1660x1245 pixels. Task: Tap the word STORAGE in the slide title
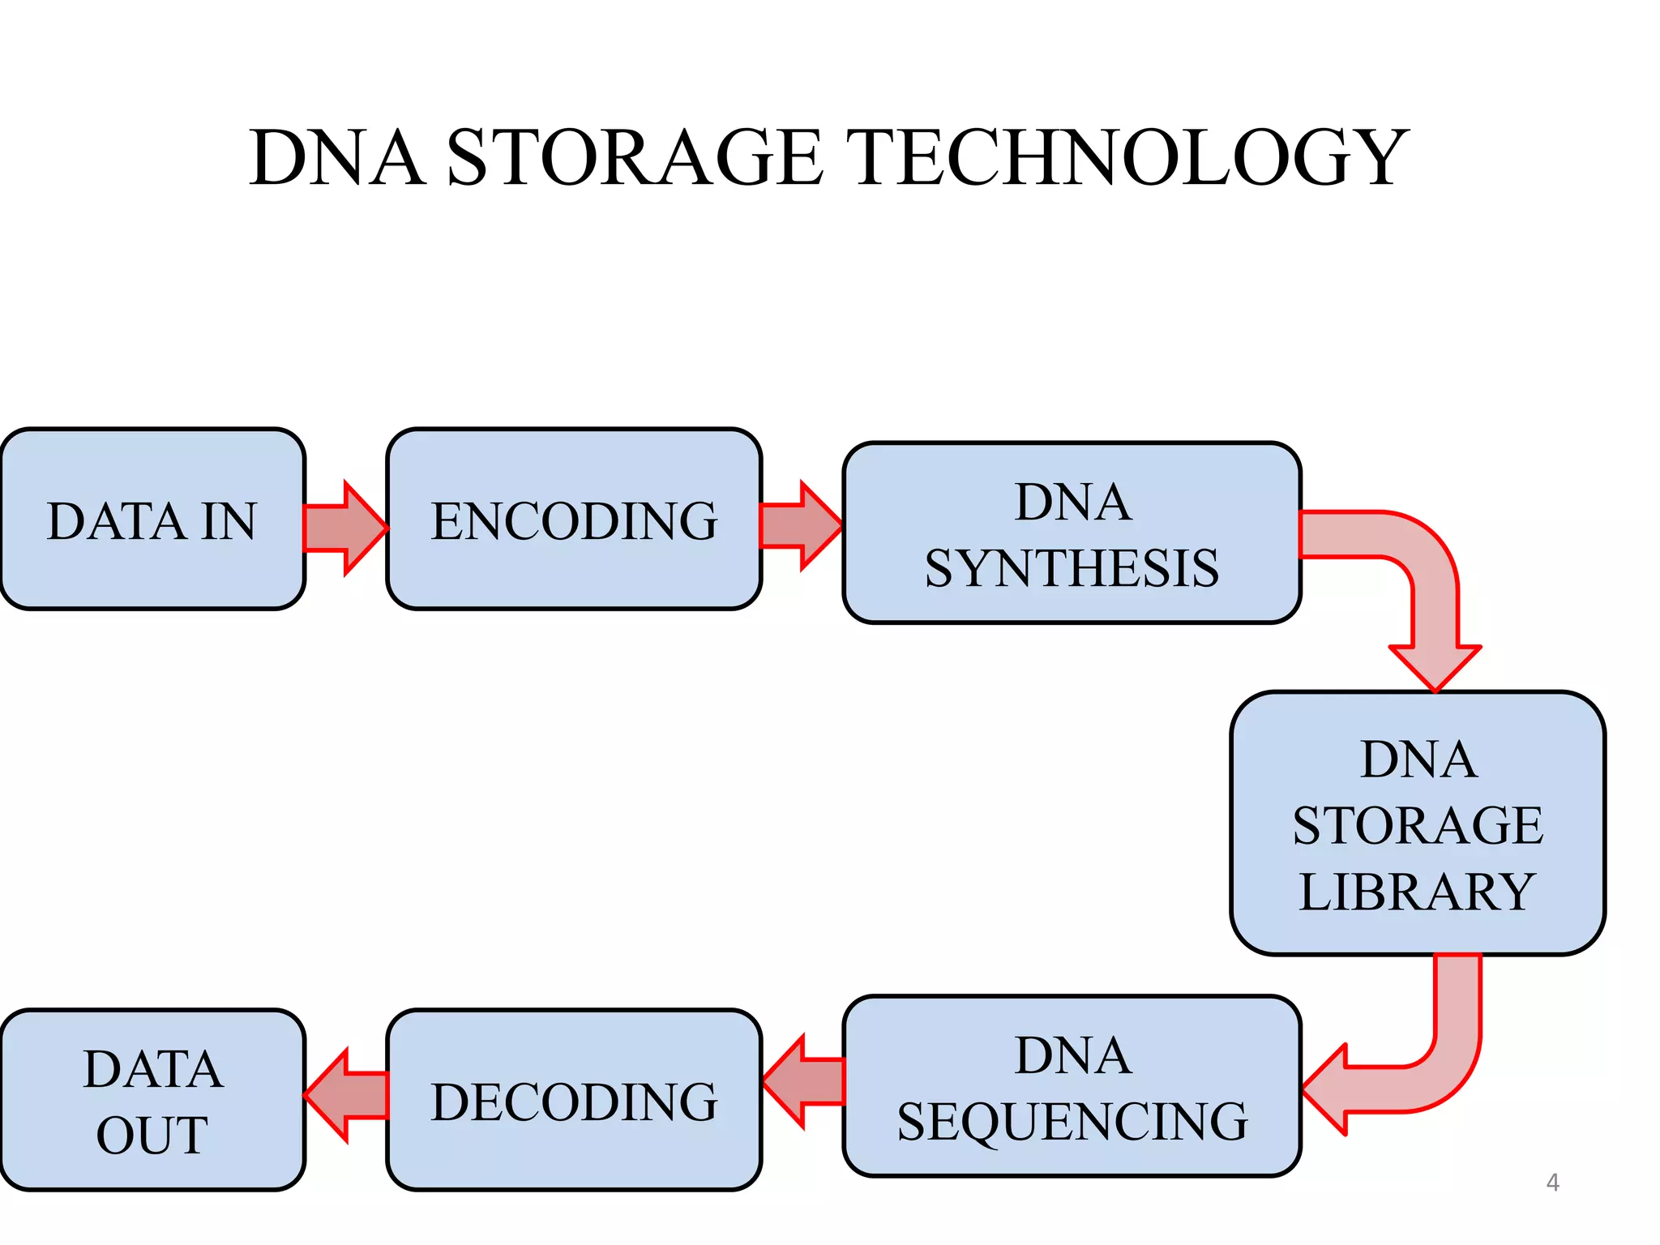tap(634, 158)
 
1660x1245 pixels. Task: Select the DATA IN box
tap(152, 520)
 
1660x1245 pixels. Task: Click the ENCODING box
tap(574, 520)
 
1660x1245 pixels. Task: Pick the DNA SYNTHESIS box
tap(1072, 533)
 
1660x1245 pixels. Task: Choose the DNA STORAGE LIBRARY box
tap(1417, 824)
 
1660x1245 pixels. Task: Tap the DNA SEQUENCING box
tap(1072, 1086)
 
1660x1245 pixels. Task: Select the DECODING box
tap(574, 1100)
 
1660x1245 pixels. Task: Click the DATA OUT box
tap(152, 1100)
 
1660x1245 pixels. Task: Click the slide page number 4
tap(1552, 1183)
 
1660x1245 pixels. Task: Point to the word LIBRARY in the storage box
tap(1417, 892)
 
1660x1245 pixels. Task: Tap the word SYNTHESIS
tap(1072, 568)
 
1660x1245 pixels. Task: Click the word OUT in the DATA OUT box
tap(152, 1135)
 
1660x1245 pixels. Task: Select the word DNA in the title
tap(337, 158)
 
